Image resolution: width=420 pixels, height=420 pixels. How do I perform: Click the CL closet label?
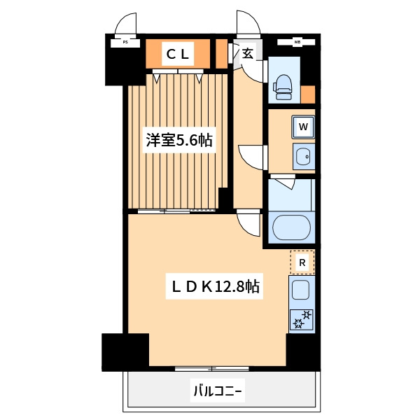click(x=178, y=54)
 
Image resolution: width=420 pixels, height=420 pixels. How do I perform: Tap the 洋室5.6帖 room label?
click(x=179, y=140)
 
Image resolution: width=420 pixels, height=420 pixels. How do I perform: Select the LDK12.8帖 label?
click(x=215, y=286)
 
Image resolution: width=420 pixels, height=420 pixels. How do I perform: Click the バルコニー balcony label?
click(x=218, y=392)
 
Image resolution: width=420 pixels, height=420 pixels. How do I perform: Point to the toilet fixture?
click(x=282, y=87)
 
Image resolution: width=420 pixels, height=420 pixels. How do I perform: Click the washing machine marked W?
click(x=303, y=127)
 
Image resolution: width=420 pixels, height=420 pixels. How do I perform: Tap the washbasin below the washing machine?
click(x=304, y=156)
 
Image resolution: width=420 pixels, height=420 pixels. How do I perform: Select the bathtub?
click(x=291, y=227)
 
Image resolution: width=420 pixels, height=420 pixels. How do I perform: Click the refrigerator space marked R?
click(x=302, y=262)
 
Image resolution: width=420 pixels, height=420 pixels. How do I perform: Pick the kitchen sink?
click(x=300, y=290)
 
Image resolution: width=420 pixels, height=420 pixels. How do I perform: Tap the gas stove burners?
click(x=302, y=319)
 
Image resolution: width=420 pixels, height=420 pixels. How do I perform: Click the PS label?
click(x=125, y=42)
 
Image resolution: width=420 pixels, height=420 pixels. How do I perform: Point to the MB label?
click(x=297, y=42)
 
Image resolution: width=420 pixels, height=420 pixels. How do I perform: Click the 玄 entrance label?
click(x=248, y=54)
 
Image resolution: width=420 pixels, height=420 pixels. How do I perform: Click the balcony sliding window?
click(x=211, y=369)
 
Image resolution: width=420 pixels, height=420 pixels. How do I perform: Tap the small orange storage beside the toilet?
click(x=307, y=94)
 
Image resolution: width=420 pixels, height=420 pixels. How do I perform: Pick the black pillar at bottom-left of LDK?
click(x=125, y=352)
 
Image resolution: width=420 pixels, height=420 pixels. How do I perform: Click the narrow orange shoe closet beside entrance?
click(x=221, y=54)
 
